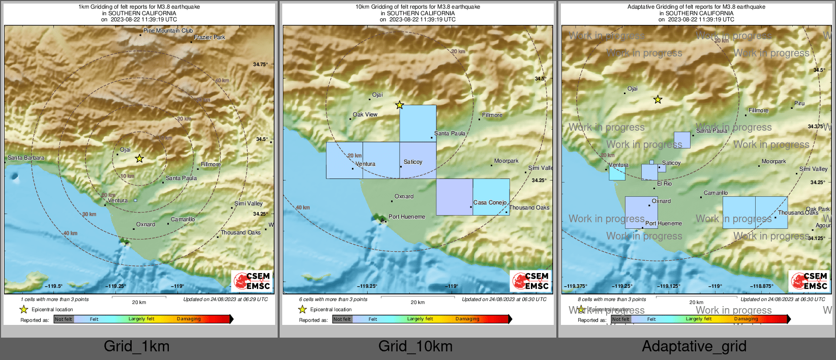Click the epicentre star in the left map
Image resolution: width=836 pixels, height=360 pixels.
pos(139,159)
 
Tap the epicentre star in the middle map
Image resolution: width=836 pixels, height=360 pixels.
pos(400,105)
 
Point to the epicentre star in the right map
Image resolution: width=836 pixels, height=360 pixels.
pos(658,100)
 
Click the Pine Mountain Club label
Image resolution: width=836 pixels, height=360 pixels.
pos(168,31)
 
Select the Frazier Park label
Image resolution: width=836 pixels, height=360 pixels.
pos(209,37)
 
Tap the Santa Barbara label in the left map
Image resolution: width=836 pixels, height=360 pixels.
pos(26,158)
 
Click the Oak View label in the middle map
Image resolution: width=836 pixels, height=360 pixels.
pos(365,114)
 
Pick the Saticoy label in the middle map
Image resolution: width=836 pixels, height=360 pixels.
pos(413,162)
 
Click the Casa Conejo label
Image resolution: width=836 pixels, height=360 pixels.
pos(490,202)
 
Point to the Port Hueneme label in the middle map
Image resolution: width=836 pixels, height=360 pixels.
pos(407,217)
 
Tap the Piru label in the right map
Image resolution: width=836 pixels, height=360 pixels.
pos(799,103)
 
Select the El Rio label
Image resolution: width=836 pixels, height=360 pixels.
pos(664,184)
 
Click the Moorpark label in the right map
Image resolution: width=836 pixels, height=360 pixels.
pos(773,161)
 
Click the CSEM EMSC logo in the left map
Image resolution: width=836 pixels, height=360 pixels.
pos(252,281)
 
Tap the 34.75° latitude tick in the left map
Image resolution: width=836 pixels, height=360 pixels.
pos(260,65)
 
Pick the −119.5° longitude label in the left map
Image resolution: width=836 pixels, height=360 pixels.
pos(53,286)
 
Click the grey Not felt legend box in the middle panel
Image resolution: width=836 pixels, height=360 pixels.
pos(342,319)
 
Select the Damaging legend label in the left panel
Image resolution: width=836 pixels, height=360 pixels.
pos(189,319)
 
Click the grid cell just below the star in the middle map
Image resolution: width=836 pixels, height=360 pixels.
pos(418,124)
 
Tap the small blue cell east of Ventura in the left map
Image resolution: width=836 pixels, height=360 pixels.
pos(135,200)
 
